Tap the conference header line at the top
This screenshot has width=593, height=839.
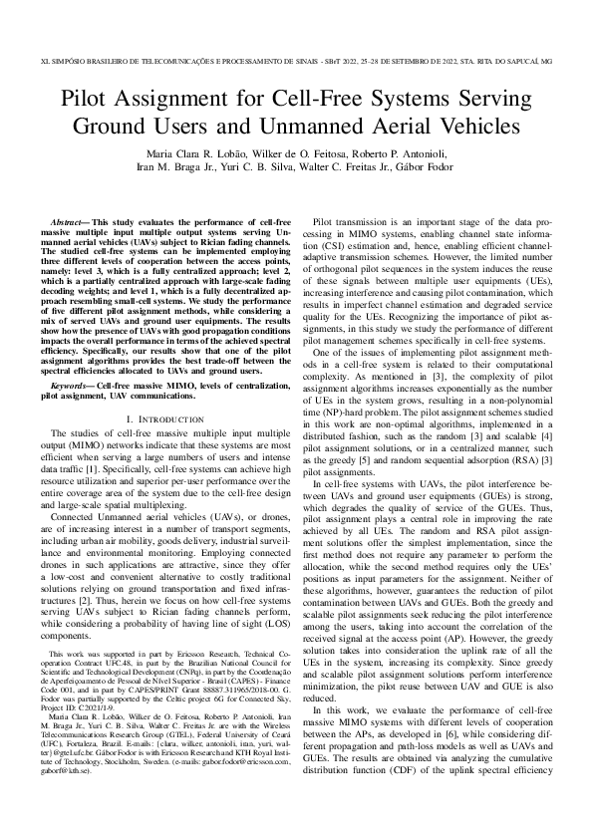click(x=296, y=60)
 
